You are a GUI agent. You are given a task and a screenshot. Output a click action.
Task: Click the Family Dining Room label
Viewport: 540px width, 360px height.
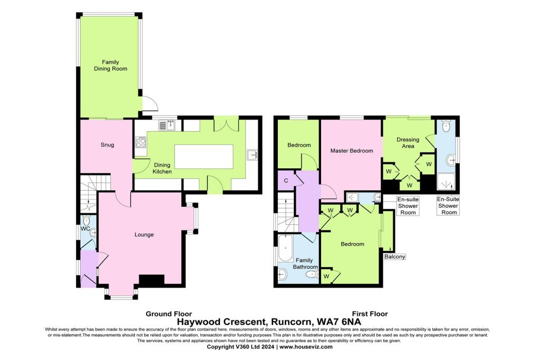(x=110, y=65)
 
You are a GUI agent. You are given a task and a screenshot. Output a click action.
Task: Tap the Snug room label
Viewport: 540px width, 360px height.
(x=107, y=145)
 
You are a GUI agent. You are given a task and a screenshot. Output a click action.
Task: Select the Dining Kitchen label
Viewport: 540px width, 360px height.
(x=162, y=168)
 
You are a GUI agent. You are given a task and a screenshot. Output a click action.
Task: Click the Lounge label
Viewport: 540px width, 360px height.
(x=143, y=235)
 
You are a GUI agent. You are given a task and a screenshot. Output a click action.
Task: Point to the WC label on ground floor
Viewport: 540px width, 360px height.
(x=84, y=229)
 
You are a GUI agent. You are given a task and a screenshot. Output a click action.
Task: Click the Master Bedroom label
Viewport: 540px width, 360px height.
(x=351, y=151)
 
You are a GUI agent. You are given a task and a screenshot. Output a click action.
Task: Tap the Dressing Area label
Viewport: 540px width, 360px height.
(x=408, y=143)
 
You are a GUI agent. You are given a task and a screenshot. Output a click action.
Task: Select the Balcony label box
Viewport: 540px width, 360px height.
(x=395, y=257)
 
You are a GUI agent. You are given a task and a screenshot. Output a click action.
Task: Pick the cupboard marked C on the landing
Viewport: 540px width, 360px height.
(x=286, y=181)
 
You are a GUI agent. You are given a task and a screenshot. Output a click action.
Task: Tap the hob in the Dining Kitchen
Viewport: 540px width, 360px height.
(x=141, y=142)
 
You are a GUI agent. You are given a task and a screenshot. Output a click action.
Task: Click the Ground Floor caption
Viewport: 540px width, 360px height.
(x=168, y=313)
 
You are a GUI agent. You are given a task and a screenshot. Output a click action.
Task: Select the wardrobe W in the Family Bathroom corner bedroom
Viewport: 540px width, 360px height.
(x=326, y=276)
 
